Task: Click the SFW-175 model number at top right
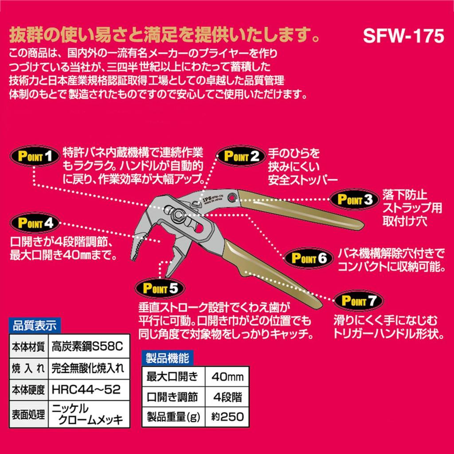(x=403, y=36)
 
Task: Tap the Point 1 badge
(x=35, y=156)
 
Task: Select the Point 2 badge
(x=241, y=156)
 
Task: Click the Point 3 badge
(x=355, y=199)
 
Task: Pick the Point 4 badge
(x=35, y=223)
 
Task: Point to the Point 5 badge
(x=160, y=288)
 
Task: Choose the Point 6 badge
(x=309, y=258)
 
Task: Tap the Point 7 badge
(x=359, y=301)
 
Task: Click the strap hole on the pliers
(x=231, y=198)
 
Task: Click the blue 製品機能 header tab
(x=167, y=358)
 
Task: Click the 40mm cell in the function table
(x=227, y=377)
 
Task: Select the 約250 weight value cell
(x=227, y=417)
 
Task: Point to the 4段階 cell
(x=227, y=397)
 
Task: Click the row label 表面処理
(x=28, y=415)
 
